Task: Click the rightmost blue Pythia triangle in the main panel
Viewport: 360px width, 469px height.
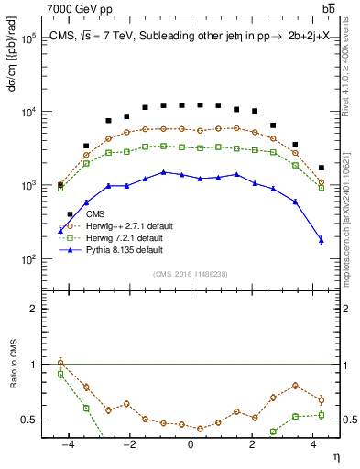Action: pos(321,240)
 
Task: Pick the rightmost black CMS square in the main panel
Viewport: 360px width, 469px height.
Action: pos(321,168)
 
